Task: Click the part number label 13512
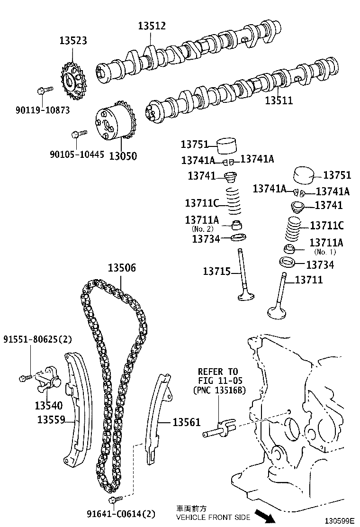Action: [x=152, y=26]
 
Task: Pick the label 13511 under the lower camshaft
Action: [x=279, y=100]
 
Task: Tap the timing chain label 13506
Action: [x=122, y=268]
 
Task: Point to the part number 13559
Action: [x=52, y=419]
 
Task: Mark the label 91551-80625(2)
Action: [x=37, y=339]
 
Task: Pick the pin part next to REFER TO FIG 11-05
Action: [x=218, y=429]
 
